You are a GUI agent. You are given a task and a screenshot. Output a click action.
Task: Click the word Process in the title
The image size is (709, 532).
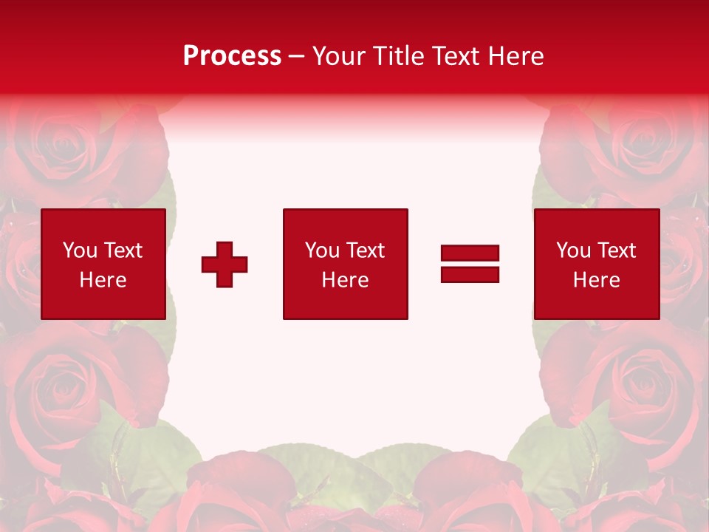point(232,56)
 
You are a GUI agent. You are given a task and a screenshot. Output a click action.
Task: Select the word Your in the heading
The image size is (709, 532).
point(340,56)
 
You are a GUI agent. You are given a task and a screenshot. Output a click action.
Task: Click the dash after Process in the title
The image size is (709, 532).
point(296,57)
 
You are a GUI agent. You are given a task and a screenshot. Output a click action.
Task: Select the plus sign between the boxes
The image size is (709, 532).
point(225,265)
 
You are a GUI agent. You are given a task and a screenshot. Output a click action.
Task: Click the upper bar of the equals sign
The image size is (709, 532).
point(470,253)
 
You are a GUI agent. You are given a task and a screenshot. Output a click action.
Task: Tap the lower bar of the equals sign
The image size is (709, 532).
point(470,274)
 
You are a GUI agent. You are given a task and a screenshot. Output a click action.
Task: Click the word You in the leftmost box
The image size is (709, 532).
point(80,250)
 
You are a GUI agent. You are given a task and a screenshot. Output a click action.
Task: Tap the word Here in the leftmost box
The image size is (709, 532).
point(103,280)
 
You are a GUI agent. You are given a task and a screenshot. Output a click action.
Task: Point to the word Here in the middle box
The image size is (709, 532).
point(345,280)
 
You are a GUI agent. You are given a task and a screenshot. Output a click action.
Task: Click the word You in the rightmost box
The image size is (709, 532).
point(573,250)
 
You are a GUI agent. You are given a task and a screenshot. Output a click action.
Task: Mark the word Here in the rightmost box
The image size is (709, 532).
point(596,280)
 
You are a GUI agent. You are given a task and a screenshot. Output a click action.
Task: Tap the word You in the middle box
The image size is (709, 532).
point(322,250)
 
